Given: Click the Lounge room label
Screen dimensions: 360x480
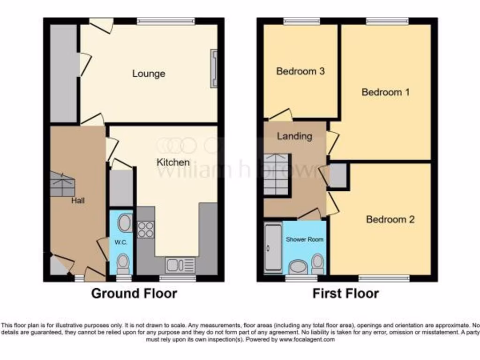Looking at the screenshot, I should click(149, 74).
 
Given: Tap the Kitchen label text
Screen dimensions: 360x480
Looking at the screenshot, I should click(173, 162).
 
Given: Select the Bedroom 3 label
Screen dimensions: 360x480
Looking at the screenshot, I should click(300, 71).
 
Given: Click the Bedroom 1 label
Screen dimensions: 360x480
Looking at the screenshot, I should click(385, 92).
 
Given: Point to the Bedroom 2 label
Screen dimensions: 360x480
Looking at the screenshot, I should click(390, 219).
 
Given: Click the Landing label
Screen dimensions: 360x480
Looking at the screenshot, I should click(294, 136).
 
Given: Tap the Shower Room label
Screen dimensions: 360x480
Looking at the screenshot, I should click(305, 239).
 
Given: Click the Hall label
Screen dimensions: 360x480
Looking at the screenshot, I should click(78, 201).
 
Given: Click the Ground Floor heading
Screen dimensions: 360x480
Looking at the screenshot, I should click(134, 293).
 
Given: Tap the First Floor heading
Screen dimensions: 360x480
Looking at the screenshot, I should click(345, 293).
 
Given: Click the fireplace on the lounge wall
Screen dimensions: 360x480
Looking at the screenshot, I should click(214, 69).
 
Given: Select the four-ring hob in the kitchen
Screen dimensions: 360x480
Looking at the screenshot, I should click(146, 229).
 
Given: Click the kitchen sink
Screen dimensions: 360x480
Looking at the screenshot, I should click(180, 265).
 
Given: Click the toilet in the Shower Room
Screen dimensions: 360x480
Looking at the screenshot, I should click(317, 263).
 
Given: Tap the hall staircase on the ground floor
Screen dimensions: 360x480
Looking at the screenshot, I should click(62, 184).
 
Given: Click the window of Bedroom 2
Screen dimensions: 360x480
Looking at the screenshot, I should click(387, 278).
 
